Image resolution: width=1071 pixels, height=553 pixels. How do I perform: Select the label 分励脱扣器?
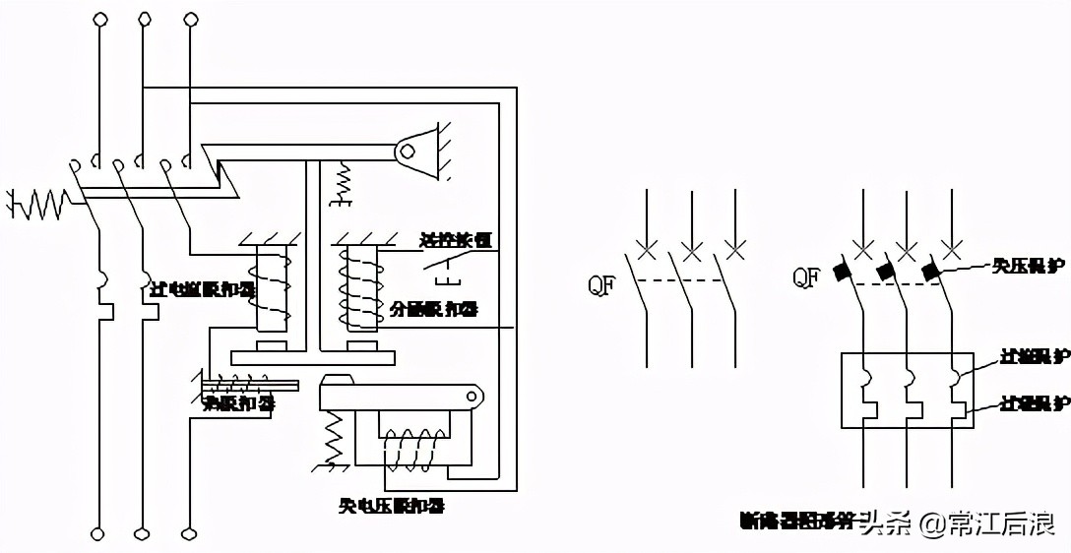click(x=433, y=309)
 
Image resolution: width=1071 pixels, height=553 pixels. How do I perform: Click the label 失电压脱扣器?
click(x=390, y=507)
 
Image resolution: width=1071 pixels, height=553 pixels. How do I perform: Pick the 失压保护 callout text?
click(x=1027, y=265)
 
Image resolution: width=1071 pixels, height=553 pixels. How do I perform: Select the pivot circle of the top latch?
click(x=406, y=152)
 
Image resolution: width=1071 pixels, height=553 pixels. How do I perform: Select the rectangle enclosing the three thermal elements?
click(x=907, y=390)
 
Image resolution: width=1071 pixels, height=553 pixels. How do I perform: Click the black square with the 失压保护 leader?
click(x=929, y=269)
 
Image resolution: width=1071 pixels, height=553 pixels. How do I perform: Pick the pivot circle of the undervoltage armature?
click(x=474, y=398)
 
